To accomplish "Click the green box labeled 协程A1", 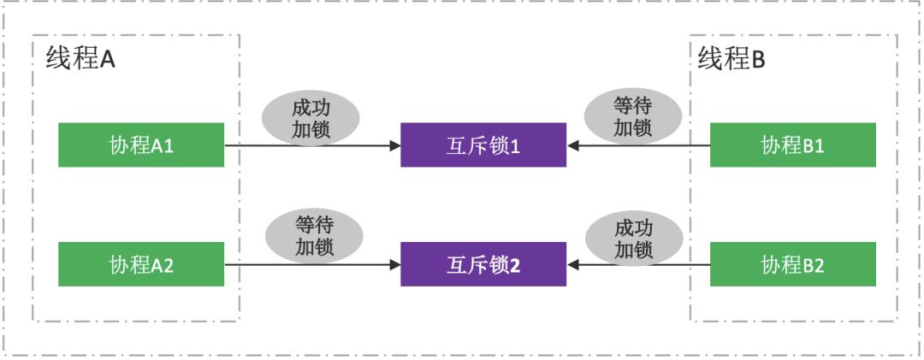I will point(141,145).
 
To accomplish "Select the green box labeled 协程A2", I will point(141,264).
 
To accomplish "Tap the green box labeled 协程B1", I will point(793,145).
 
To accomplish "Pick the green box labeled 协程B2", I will point(793,264).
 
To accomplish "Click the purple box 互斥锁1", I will point(483,145).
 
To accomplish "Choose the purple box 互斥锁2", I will point(483,264).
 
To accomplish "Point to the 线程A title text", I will point(80,60).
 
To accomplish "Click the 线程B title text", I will point(731,60).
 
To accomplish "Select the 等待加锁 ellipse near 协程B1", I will point(633,116).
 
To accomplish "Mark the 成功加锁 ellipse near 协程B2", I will point(633,238).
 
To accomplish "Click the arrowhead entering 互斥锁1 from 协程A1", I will point(395,146).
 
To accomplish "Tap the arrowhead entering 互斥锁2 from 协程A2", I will point(395,265).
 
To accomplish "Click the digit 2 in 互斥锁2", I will point(516,265).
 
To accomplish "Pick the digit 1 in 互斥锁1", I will point(516,146).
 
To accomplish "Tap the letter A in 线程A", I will point(107,60).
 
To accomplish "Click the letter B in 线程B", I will point(758,60).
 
